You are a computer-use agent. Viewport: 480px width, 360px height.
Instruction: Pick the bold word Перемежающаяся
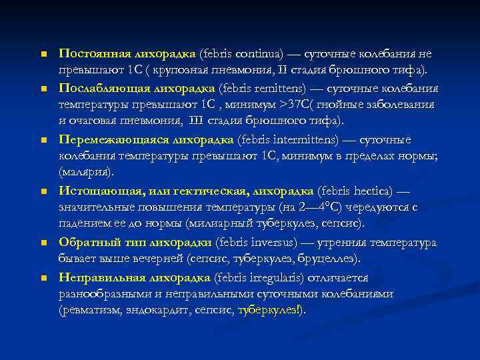[109, 140]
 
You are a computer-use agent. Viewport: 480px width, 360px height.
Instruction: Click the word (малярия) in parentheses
[86, 173]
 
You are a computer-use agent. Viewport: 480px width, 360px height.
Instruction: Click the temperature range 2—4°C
[323, 207]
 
